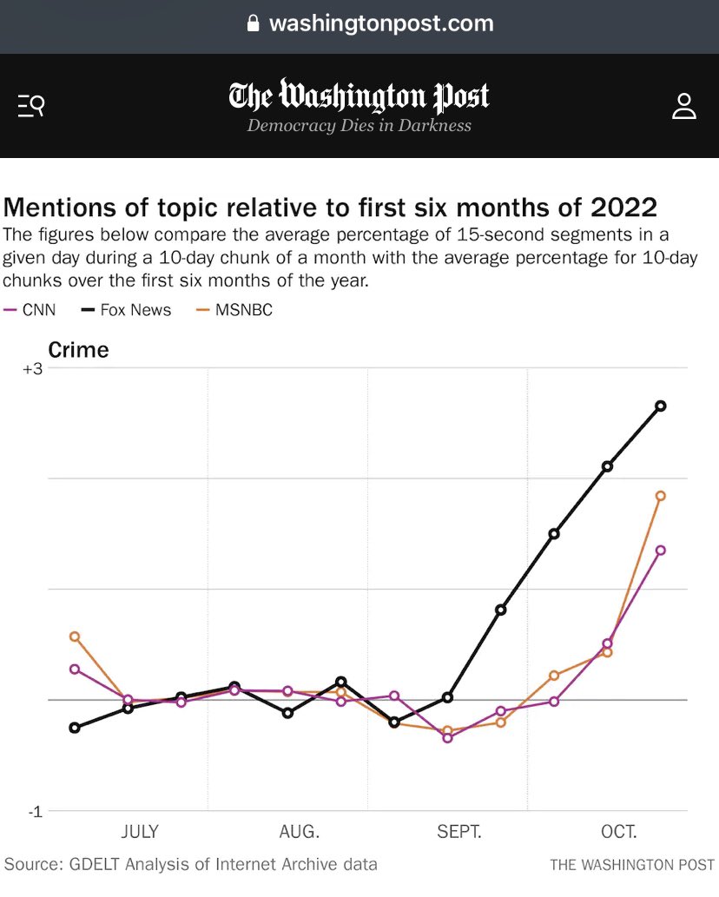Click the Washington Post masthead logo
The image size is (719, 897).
tap(359, 96)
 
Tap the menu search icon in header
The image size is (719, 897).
tap(31, 106)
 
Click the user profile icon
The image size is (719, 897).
tap(684, 106)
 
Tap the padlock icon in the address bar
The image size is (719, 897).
tap(254, 23)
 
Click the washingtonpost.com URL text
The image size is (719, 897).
tap(381, 23)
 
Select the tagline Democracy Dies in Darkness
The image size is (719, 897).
tap(359, 126)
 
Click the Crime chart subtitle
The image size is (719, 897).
tap(78, 350)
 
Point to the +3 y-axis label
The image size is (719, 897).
tap(31, 368)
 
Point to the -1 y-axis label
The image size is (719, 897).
tap(34, 812)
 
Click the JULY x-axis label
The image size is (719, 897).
tap(140, 832)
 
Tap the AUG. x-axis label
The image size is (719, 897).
tap(299, 832)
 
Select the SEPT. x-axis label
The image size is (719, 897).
tap(458, 832)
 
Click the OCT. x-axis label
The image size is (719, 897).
tap(618, 832)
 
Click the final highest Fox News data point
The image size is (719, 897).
tap(661, 406)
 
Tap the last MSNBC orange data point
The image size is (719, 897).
tap(661, 496)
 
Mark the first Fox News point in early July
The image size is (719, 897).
tap(75, 728)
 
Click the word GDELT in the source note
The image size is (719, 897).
tap(98, 864)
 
